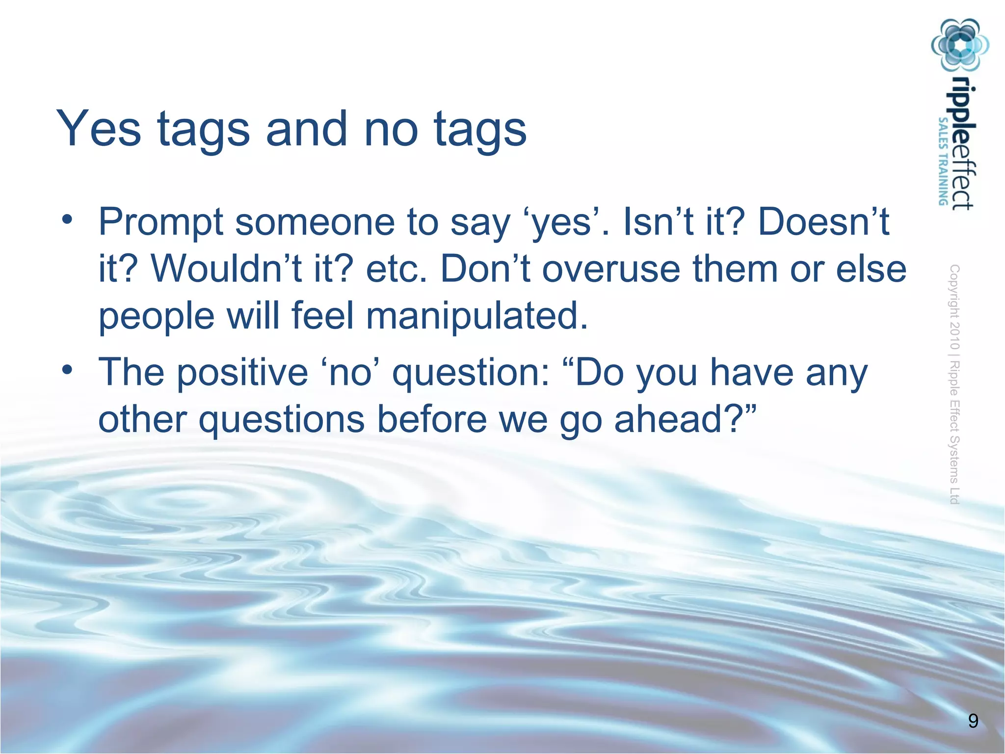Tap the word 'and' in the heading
306,129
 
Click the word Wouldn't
226,269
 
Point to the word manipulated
476,316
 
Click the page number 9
974,721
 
